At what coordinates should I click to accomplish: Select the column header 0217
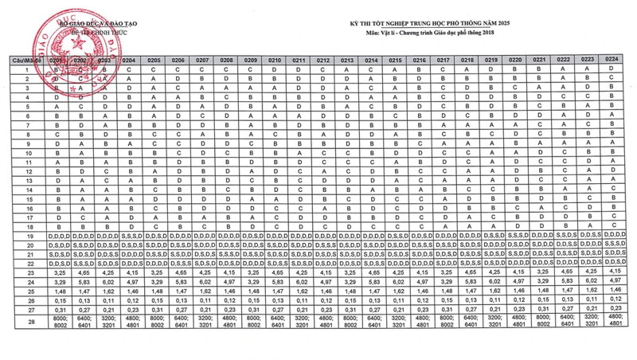click(x=444, y=61)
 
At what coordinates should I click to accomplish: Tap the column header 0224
click(x=612, y=60)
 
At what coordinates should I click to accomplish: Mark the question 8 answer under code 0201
click(x=57, y=134)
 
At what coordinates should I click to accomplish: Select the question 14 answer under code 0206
click(x=178, y=190)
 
